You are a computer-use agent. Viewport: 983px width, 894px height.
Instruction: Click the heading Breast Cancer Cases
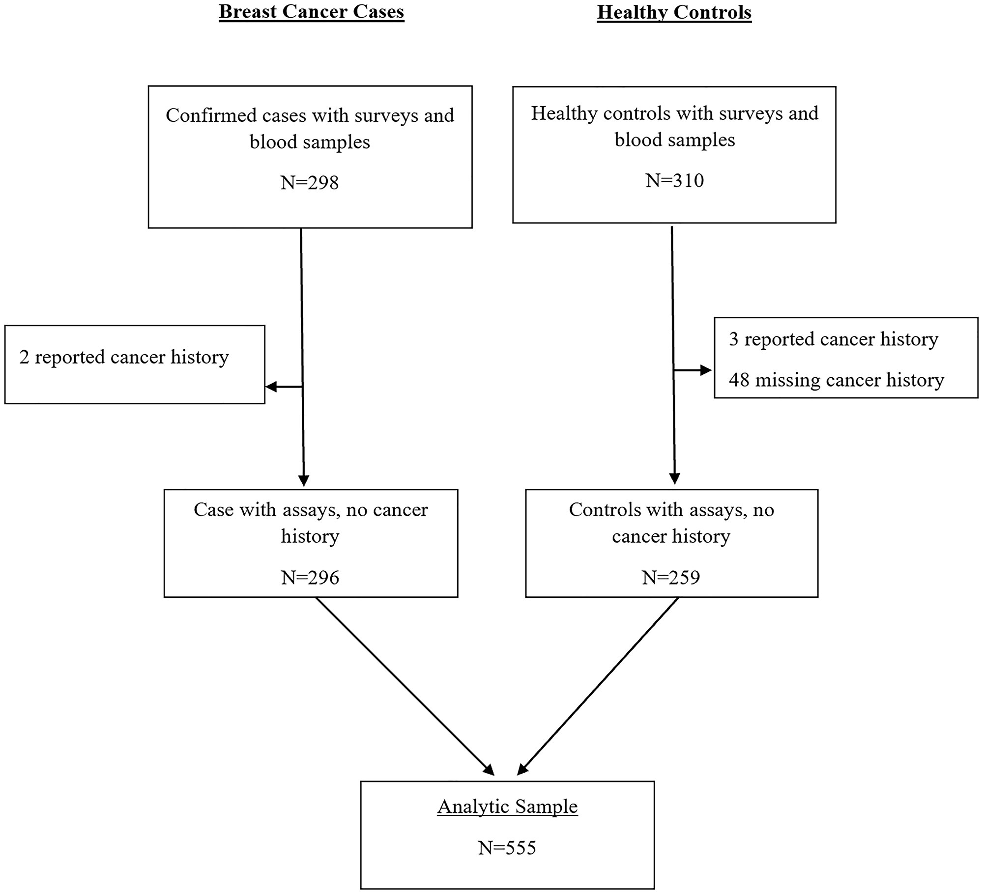(311, 12)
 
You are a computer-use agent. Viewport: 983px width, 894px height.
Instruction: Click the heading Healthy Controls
(674, 12)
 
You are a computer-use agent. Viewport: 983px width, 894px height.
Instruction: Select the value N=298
(310, 183)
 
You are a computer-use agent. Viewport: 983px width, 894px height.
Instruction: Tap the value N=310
(674, 181)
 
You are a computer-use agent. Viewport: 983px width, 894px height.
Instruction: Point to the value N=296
(310, 577)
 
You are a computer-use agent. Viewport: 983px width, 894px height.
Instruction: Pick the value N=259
(671, 577)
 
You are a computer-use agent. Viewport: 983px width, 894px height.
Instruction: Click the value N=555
(507, 847)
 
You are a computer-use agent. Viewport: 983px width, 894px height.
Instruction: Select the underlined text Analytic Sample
(507, 806)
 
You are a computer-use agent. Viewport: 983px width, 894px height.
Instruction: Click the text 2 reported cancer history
(124, 357)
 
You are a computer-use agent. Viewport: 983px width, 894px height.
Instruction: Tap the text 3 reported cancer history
(834, 339)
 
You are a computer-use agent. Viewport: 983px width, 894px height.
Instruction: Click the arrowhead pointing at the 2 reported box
(271, 387)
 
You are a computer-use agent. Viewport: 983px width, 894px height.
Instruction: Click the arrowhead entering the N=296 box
(304, 481)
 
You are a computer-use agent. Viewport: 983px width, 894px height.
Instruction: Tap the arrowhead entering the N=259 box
(675, 479)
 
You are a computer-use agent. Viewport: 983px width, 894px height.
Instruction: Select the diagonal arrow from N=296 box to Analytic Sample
(403, 685)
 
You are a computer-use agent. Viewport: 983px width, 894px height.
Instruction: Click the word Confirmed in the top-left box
(204, 115)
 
